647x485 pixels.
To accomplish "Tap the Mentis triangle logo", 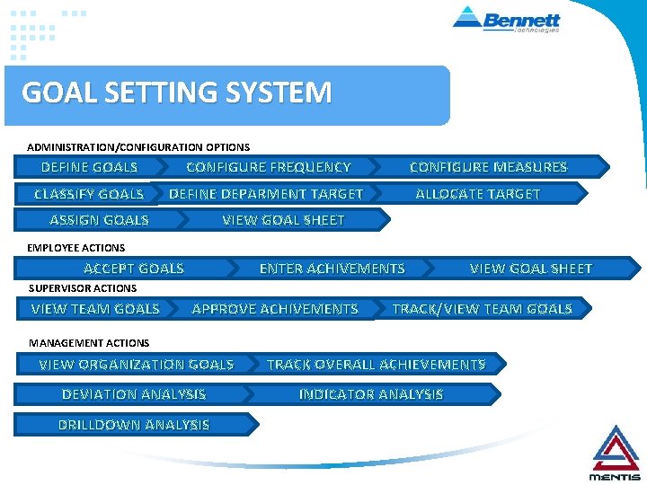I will pyautogui.click(x=615, y=452).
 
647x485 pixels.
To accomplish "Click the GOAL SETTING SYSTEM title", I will pyautogui.click(x=177, y=93).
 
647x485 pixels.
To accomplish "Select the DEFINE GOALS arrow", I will pyautogui.click(x=89, y=167).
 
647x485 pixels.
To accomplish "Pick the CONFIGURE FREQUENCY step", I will pyautogui.click(x=268, y=167).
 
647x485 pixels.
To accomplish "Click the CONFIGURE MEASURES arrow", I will pyautogui.click(x=489, y=167).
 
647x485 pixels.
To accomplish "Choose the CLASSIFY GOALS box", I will pyautogui.click(x=88, y=194).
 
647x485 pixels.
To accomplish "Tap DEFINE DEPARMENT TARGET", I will pyautogui.click(x=266, y=194).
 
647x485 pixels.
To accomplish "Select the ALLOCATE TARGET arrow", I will pyautogui.click(x=478, y=194).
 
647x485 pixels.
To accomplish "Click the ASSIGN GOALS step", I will pyautogui.click(x=99, y=220).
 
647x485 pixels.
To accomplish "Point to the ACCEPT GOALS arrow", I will pyautogui.click(x=133, y=269).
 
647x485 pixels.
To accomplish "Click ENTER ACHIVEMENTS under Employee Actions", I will pyautogui.click(x=332, y=269).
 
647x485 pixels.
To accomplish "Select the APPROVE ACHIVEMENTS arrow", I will pyautogui.click(x=275, y=309).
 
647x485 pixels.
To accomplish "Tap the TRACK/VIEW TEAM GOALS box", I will pyautogui.click(x=483, y=309).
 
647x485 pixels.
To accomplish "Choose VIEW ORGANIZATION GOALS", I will pyautogui.click(x=136, y=365).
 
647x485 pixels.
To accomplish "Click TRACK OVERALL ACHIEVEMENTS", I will pyautogui.click(x=377, y=365).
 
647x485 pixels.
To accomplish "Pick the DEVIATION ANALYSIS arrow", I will pyautogui.click(x=133, y=394).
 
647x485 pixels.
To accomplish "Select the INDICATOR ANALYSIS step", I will pyautogui.click(x=371, y=394).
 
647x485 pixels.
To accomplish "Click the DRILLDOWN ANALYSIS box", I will pyautogui.click(x=133, y=425).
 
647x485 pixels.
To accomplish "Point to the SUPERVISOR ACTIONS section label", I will pyautogui.click(x=83, y=288).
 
